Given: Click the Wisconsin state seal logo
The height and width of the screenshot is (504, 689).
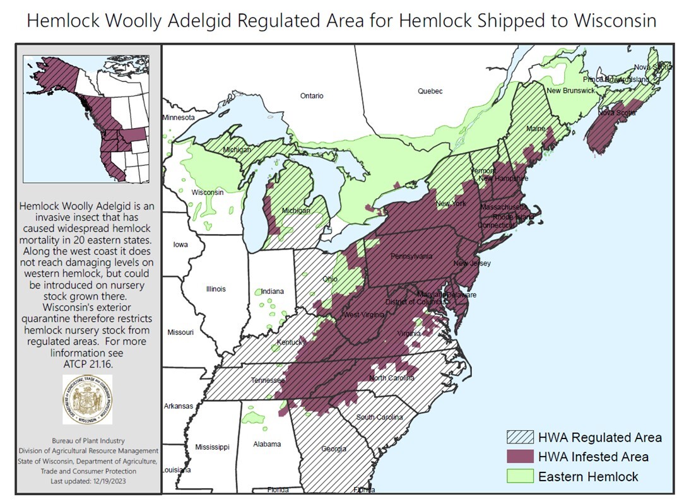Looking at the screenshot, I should coord(88,399).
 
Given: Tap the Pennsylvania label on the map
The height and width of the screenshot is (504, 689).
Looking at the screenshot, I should coord(411,257).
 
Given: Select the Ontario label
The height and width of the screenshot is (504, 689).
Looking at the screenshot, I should coord(312,96).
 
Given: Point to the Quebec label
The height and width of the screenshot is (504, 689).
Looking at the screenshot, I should coord(430,91).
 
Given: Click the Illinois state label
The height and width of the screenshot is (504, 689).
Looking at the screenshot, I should coord(215,290).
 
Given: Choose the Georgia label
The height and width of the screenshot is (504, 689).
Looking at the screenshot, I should coord(333,449).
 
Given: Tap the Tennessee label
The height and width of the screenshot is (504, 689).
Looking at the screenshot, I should coord(266,381).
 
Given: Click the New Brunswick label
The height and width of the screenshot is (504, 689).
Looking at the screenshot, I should coord(570,91).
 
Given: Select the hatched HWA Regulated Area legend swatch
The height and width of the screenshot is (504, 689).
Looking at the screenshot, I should coord(520,437).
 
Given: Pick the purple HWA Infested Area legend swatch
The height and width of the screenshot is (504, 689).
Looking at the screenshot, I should coord(520,457).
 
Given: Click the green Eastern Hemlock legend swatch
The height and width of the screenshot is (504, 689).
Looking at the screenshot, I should coord(520,476).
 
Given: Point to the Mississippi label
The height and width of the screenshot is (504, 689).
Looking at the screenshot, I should coord(212,447).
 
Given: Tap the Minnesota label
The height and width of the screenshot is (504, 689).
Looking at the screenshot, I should coord(179,118).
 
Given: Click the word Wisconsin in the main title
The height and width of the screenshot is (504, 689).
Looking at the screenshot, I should coord(615,21).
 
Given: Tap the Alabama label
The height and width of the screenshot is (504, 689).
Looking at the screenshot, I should coord(267,444).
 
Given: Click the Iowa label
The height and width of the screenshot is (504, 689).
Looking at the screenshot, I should coord(180,244).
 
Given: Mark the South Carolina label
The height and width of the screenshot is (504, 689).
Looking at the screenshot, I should coord(380,417).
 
